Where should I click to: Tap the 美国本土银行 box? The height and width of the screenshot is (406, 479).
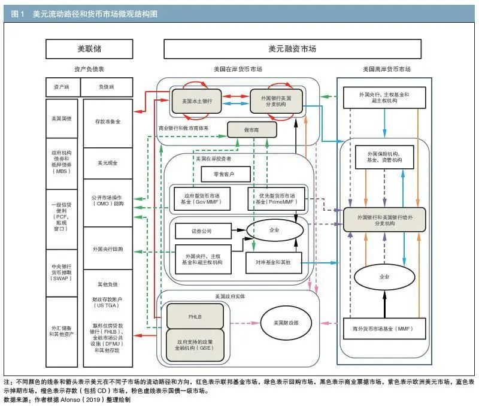point(197,98)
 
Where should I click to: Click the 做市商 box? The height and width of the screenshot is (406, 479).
point(252,129)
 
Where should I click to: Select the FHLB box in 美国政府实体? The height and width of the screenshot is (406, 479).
point(195,316)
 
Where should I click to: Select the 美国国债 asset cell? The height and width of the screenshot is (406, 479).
point(62,119)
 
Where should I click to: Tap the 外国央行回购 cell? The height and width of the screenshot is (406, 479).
point(108,249)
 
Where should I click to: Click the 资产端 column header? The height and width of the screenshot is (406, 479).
point(62,87)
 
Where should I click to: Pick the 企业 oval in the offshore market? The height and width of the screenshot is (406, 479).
point(384,277)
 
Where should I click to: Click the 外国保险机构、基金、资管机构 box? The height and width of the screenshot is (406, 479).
point(383,157)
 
